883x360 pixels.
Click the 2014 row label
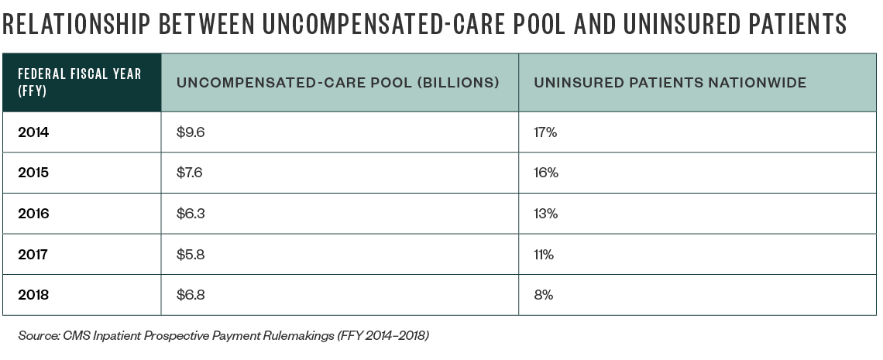[x=33, y=132]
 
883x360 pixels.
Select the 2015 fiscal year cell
[x=33, y=173]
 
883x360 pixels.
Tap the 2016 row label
[x=33, y=214]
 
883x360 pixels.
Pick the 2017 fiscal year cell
[x=33, y=254]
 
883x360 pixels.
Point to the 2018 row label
[x=33, y=294]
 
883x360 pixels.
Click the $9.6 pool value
[x=191, y=132]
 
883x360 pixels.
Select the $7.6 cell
[x=191, y=173]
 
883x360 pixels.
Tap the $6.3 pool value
[x=191, y=214]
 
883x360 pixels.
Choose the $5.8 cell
[x=191, y=254]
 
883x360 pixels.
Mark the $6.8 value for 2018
[x=191, y=294]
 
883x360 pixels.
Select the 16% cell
[x=545, y=173]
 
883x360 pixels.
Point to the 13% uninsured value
[x=545, y=214]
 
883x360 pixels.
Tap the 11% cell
[x=543, y=254]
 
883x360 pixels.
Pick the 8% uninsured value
[x=542, y=294]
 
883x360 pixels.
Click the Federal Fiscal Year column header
[x=80, y=82]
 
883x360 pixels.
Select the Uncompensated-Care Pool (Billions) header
[x=338, y=83]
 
